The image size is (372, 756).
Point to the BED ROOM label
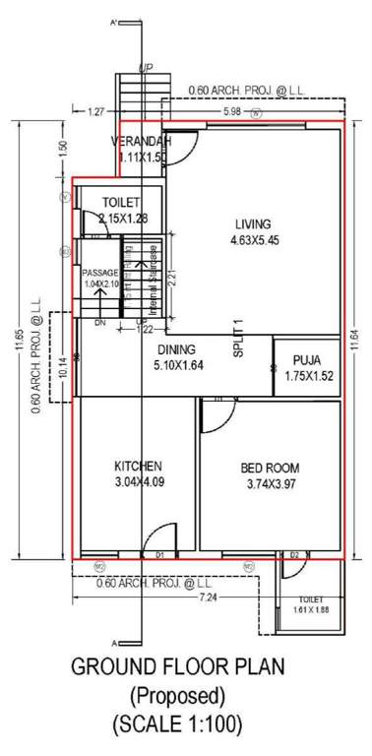(x=271, y=468)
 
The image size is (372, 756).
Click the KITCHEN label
(x=137, y=466)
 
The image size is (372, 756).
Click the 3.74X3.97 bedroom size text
(x=271, y=483)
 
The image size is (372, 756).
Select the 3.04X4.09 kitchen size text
(x=138, y=481)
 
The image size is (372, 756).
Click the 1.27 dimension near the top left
(x=94, y=111)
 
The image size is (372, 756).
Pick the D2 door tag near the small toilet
(x=293, y=556)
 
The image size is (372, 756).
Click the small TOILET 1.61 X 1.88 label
(x=311, y=603)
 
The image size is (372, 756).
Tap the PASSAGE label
(x=99, y=273)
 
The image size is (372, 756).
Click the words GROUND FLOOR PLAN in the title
(x=178, y=668)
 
